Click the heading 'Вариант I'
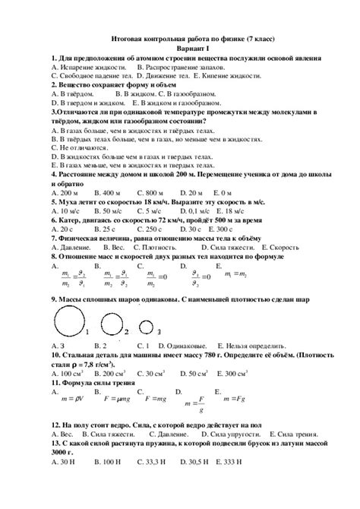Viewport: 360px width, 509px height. coord(180,47)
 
